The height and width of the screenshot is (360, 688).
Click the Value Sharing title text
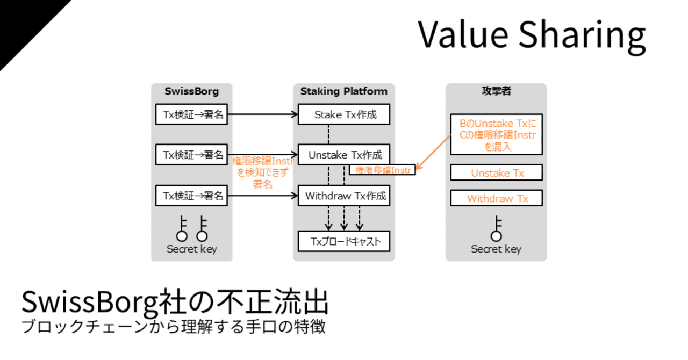pyautogui.click(x=532, y=35)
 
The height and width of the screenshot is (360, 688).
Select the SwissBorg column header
pyautogui.click(x=191, y=91)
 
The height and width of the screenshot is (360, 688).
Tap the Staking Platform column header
pyautogui.click(x=343, y=91)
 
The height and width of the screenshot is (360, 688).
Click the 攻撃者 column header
pyautogui.click(x=496, y=91)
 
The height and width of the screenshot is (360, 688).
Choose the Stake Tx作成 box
pyautogui.click(x=344, y=114)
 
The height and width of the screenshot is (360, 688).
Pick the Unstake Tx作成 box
pyautogui.click(x=344, y=155)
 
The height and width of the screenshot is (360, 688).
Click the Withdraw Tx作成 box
pyautogui.click(x=344, y=196)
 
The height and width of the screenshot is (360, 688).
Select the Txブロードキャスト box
pyautogui.click(x=344, y=242)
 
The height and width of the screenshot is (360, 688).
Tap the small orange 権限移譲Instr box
pyautogui.click(x=383, y=170)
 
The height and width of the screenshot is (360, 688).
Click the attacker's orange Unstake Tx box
pyautogui.click(x=496, y=173)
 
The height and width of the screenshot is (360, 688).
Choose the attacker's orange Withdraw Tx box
pyautogui.click(x=496, y=198)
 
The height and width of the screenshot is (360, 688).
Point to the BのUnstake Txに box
pyautogui.click(x=496, y=134)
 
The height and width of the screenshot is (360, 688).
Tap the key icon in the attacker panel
pyautogui.click(x=496, y=229)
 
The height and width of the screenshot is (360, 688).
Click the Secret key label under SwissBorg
pyautogui.click(x=191, y=249)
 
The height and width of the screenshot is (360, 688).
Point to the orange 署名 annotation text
pyautogui.click(x=262, y=184)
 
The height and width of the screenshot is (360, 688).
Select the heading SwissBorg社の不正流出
pyautogui.click(x=175, y=303)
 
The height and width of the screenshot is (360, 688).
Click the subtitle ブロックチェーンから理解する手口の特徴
pyautogui.click(x=173, y=327)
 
